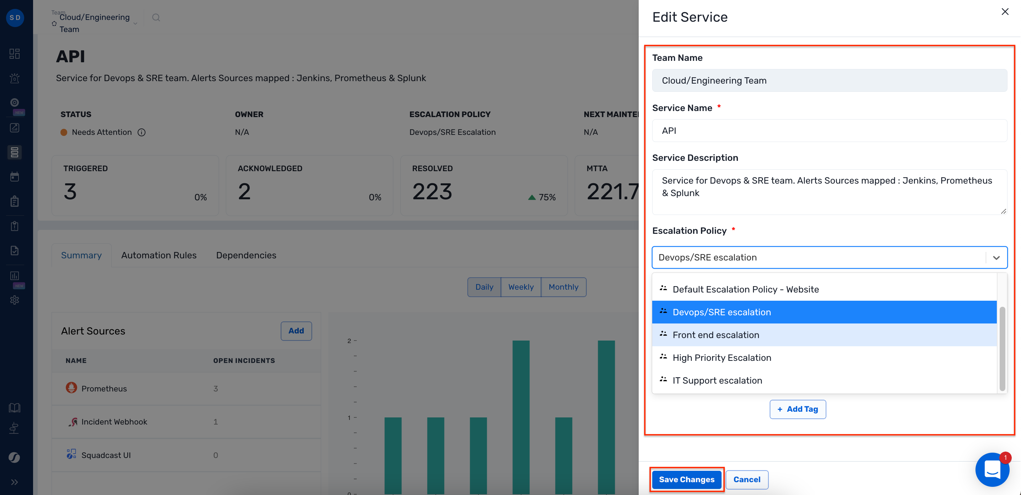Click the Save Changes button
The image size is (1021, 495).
[686, 480]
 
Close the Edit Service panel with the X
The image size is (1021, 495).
[1005, 12]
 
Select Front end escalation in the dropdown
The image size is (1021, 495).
[716, 335]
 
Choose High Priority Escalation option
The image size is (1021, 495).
[722, 358]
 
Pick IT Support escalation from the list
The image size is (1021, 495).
[717, 380]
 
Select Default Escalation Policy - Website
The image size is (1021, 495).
[745, 289]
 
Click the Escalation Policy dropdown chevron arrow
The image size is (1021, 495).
[996, 258]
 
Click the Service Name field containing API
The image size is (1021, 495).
[829, 131]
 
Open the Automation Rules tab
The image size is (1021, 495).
[159, 255]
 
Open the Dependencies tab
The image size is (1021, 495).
[246, 255]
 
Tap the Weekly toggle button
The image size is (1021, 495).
[521, 287]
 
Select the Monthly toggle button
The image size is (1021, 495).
[563, 287]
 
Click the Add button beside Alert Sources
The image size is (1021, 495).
[296, 331]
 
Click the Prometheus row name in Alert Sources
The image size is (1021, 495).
[104, 389]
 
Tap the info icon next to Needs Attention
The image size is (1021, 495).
[142, 132]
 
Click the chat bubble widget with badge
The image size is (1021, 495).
[992, 470]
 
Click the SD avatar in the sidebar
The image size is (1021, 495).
[15, 18]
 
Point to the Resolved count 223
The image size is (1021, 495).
[432, 191]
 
